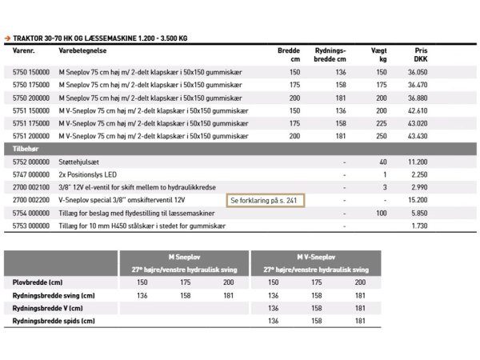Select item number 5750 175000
[x=31, y=84]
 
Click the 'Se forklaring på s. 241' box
[x=265, y=200]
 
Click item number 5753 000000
[x=31, y=226]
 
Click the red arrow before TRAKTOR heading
[x=7, y=37]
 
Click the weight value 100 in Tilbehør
[x=380, y=214]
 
